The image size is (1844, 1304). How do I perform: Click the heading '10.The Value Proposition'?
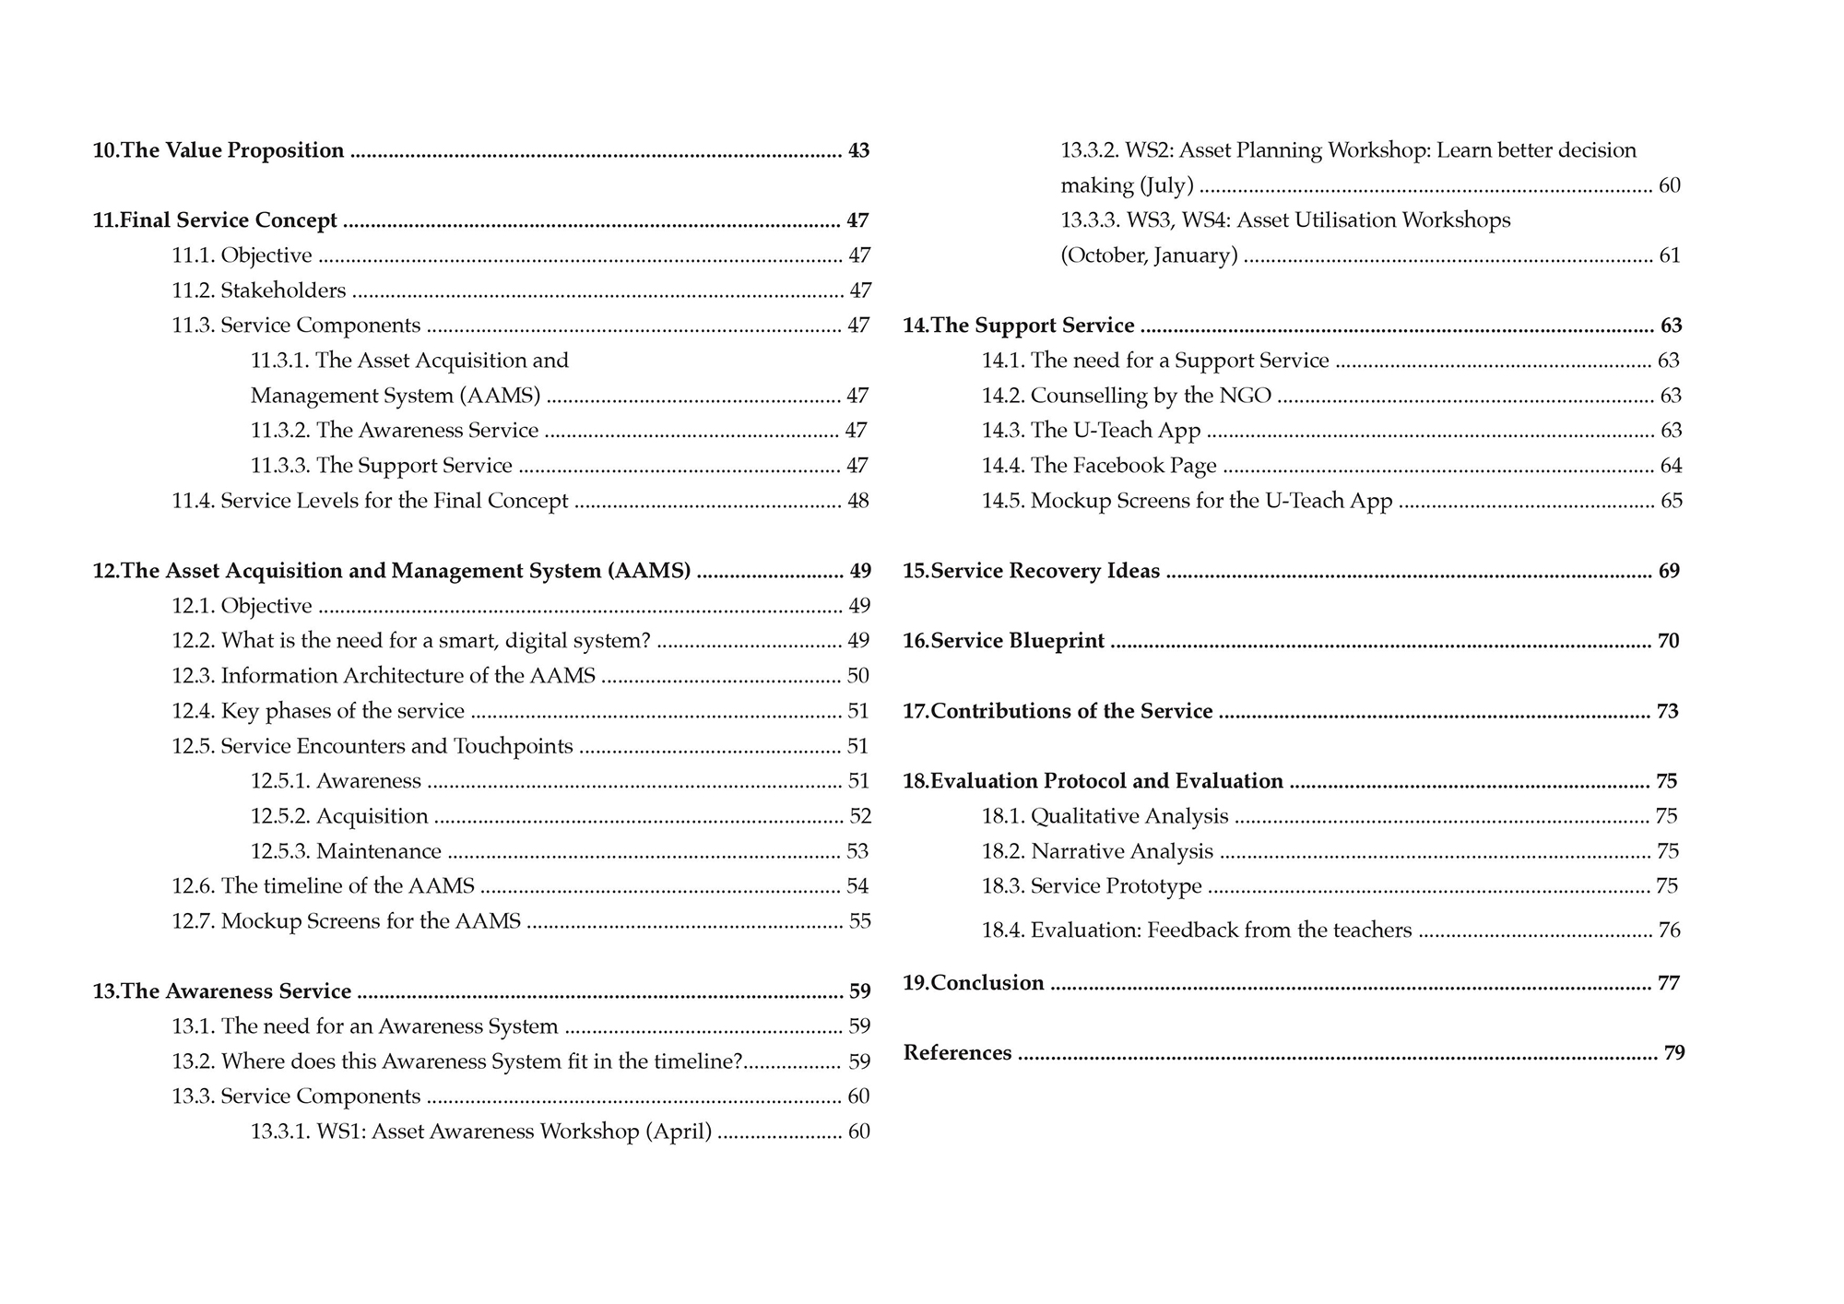coord(219,150)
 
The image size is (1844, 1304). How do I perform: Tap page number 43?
coord(858,150)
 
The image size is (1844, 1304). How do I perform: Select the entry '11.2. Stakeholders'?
coord(259,290)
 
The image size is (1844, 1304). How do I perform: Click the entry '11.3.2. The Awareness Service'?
coord(395,431)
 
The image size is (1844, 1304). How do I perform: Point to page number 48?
coord(857,501)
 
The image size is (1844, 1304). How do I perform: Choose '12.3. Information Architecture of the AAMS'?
coord(384,676)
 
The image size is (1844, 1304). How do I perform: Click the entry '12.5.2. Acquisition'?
coord(339,816)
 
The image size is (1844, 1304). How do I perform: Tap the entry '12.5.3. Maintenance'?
coord(346,851)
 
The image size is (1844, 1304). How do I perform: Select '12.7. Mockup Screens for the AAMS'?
coord(346,921)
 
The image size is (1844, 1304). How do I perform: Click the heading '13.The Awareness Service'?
coord(222,991)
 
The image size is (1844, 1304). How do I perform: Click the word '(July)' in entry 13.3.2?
coord(1167,185)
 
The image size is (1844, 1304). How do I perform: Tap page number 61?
coord(1670,255)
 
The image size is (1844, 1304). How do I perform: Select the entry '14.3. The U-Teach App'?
coord(1092,431)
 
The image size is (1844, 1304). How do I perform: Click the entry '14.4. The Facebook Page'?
coord(1099,466)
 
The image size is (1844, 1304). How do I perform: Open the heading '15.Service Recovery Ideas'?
coord(1031,571)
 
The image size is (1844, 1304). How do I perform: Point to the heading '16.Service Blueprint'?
coord(1003,641)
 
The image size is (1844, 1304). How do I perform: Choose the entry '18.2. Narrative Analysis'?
coord(1097,851)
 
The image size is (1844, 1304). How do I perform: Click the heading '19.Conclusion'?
coord(974,983)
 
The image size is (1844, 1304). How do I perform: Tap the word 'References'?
coord(957,1053)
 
